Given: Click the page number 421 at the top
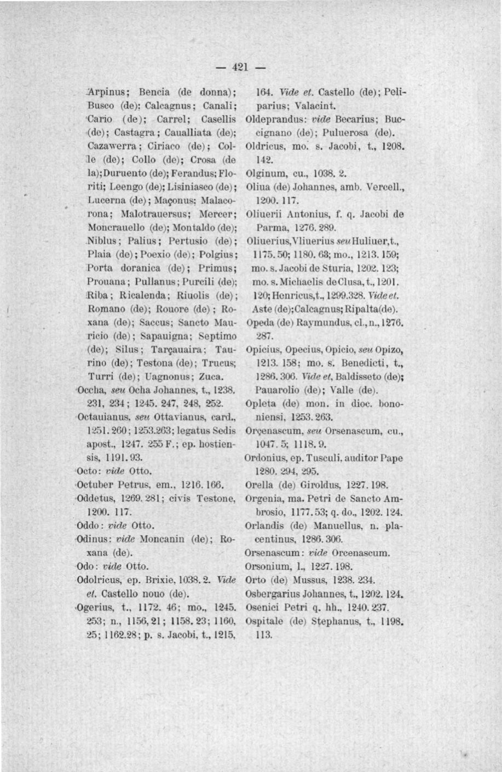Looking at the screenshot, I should coord(239,67).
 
